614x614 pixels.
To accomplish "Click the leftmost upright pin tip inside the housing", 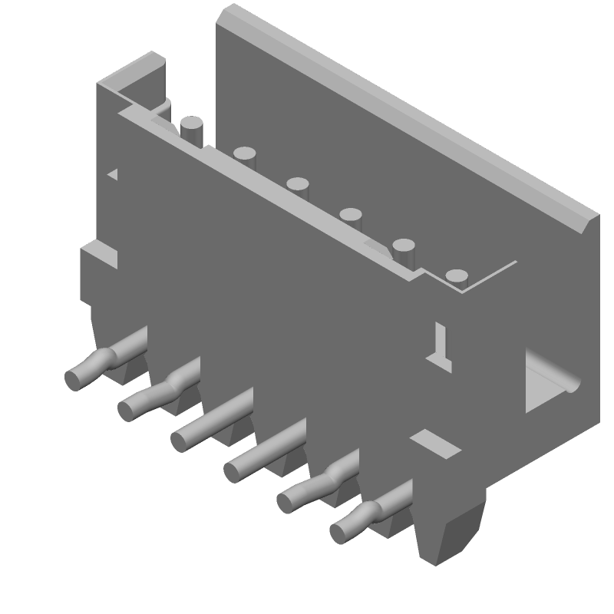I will [x=190, y=122].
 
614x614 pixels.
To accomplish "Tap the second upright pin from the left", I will [x=245, y=153].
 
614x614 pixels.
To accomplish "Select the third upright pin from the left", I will [x=298, y=183].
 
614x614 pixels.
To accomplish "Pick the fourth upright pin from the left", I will [x=351, y=214].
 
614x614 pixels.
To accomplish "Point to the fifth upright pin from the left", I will [x=404, y=246].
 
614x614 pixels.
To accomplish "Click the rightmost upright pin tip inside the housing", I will [x=457, y=276].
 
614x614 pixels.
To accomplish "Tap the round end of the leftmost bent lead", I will [x=75, y=377].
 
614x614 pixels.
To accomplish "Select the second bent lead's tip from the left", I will [x=128, y=409].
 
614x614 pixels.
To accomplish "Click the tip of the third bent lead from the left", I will [x=181, y=440].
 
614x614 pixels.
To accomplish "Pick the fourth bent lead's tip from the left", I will [x=234, y=470].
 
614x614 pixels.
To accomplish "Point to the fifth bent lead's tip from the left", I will [x=287, y=501].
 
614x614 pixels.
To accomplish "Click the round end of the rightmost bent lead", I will [x=340, y=530].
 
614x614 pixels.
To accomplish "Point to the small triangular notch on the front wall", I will [x=114, y=174].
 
